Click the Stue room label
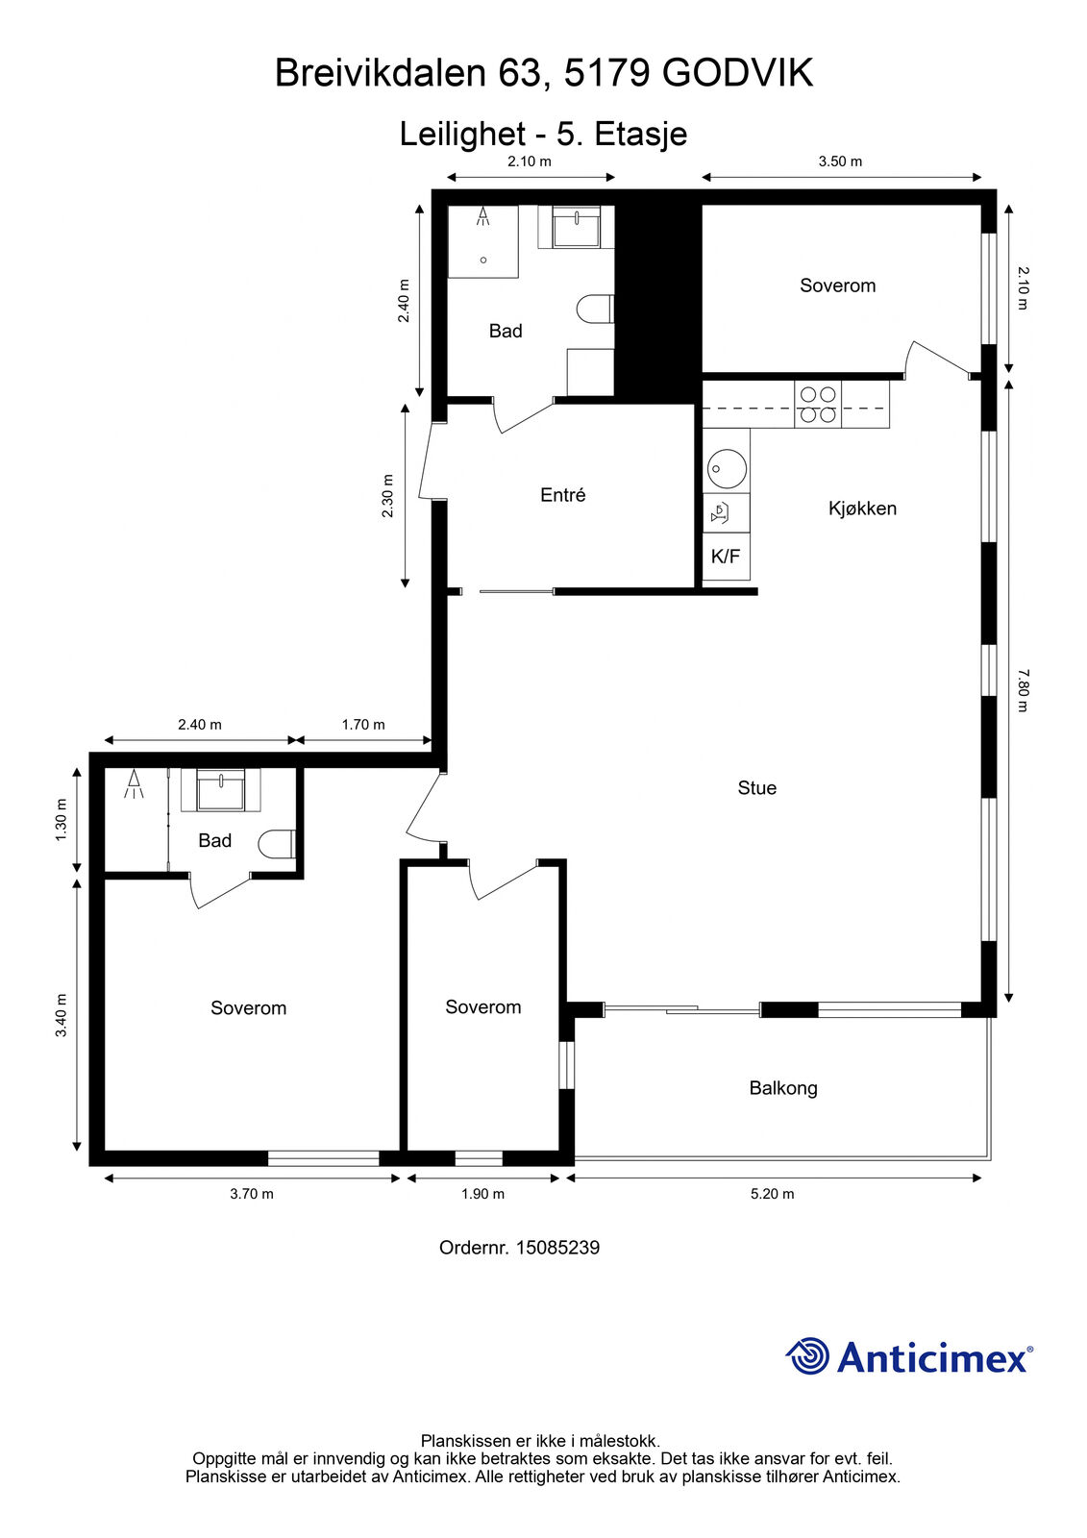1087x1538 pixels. (756, 787)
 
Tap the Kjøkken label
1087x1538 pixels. (862, 509)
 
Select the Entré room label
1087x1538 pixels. (563, 494)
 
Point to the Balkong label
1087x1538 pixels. (783, 1087)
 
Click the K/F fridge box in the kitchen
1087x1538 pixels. (726, 557)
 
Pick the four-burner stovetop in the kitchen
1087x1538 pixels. (818, 405)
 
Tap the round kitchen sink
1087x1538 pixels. (727, 469)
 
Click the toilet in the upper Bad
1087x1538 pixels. (595, 309)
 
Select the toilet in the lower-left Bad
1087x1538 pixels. (277, 844)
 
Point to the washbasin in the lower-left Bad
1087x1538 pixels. (220, 789)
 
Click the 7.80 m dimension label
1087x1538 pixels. (1024, 690)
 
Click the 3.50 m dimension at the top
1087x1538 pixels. (841, 161)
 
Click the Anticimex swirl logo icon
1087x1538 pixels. (807, 1356)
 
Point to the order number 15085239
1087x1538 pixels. (557, 1248)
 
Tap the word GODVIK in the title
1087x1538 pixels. (737, 73)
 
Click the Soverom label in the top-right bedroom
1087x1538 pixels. (838, 285)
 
